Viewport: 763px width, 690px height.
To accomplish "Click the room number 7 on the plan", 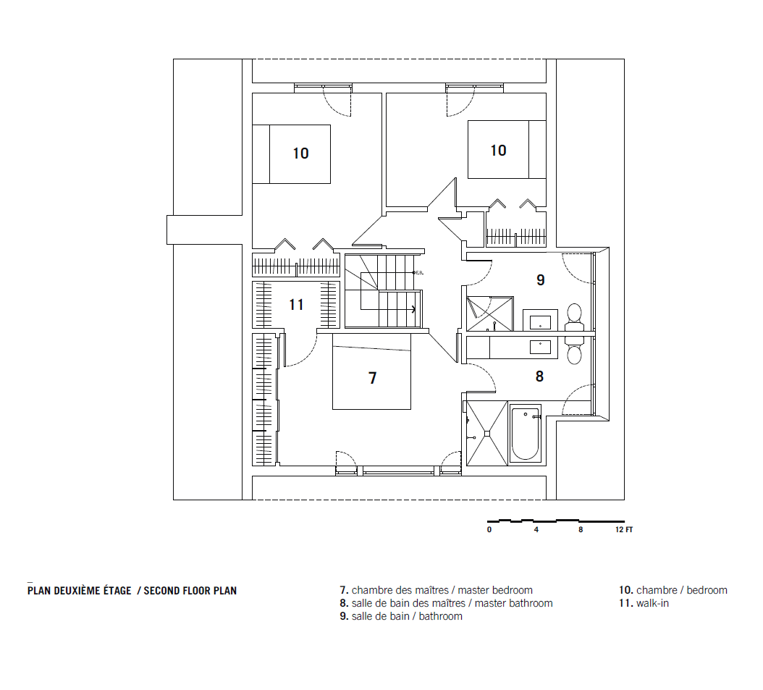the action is pos(373,378).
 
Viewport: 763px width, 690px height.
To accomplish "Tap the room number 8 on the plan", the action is pos(539,376).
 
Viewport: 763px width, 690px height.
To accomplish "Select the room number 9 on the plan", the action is pos(541,279).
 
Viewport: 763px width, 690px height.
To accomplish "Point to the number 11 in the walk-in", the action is pos(296,305).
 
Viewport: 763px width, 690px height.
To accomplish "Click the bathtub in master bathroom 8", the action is pos(526,434).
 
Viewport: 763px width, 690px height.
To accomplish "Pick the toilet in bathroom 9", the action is pos(574,317).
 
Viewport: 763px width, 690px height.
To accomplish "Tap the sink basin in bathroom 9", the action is pos(540,323).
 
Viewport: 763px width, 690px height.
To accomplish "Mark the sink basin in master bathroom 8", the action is pos(540,347).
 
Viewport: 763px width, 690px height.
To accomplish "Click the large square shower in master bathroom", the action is pos(487,433).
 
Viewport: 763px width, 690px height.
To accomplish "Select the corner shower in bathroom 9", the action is pos(489,314).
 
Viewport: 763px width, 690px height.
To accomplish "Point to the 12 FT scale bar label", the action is pos(624,529).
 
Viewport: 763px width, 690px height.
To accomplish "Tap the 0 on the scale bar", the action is pos(489,529).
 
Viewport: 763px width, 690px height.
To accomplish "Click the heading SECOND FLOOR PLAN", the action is pos(190,591).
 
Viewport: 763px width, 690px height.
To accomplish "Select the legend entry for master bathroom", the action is pos(446,603).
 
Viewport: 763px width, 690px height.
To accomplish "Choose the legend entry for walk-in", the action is pos(644,603).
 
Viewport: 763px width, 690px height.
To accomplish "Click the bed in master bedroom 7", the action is pos(372,371).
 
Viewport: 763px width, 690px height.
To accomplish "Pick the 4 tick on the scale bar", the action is pos(536,529).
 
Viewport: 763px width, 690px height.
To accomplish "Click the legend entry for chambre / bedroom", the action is pos(673,590).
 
